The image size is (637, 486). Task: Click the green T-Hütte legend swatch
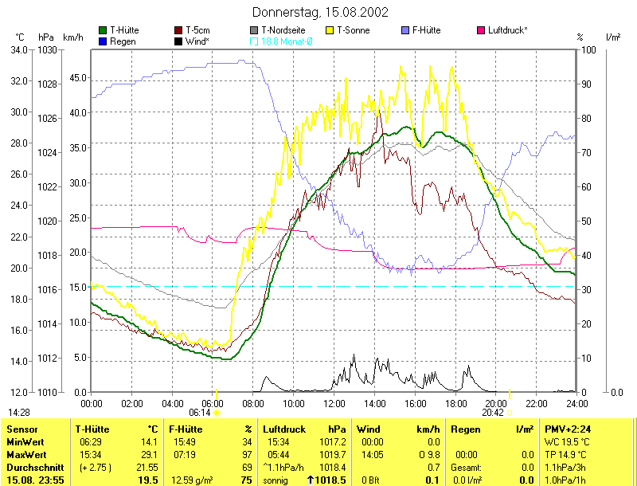(103, 30)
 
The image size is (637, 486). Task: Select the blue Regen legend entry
(103, 41)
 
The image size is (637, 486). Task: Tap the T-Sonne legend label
(354, 30)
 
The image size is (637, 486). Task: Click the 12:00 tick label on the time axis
(334, 403)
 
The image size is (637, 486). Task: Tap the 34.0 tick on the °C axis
(18, 49)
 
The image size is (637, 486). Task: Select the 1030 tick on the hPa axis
(46, 49)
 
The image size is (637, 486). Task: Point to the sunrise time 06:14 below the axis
(199, 413)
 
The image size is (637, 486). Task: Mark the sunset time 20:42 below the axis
(493, 413)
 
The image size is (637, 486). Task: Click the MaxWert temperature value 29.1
(147, 454)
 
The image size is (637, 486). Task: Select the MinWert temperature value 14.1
(147, 441)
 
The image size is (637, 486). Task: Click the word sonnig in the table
(276, 480)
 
